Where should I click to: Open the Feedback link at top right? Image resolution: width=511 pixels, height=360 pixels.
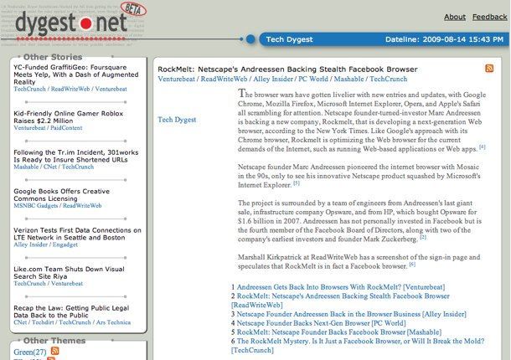[x=489, y=17]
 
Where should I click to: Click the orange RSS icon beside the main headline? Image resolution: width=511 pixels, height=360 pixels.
[x=489, y=68]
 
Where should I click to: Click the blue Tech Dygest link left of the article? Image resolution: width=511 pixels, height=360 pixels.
[x=177, y=120]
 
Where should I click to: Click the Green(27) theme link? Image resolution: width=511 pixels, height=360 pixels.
[x=30, y=352]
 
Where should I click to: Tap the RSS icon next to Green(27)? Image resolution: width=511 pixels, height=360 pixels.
[x=55, y=351]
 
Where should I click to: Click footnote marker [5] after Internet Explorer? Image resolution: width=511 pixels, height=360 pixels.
[x=296, y=183]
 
